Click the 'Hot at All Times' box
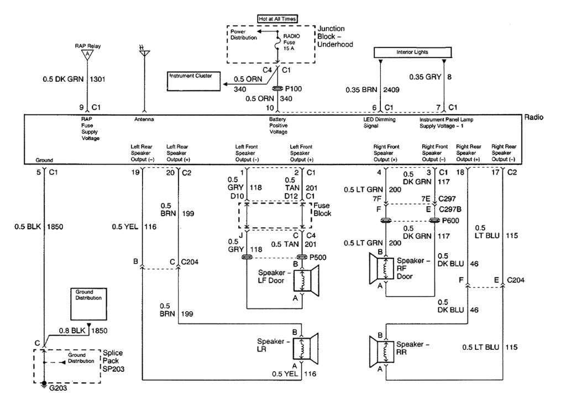pyautogui.click(x=278, y=18)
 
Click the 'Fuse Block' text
pyautogui.click(x=323, y=210)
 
